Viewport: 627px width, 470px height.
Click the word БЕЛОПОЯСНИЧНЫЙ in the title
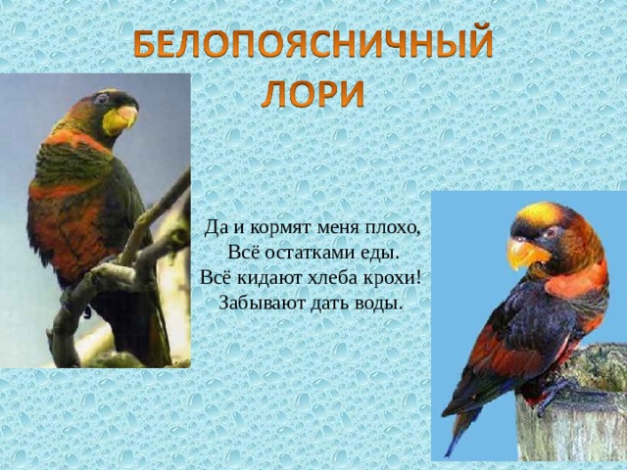point(313,43)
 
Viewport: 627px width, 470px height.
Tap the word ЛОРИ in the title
point(313,94)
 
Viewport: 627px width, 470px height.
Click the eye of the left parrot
point(101,98)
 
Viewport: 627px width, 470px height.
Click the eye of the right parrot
point(553,232)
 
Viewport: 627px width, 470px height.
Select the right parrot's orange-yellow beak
point(525,253)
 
